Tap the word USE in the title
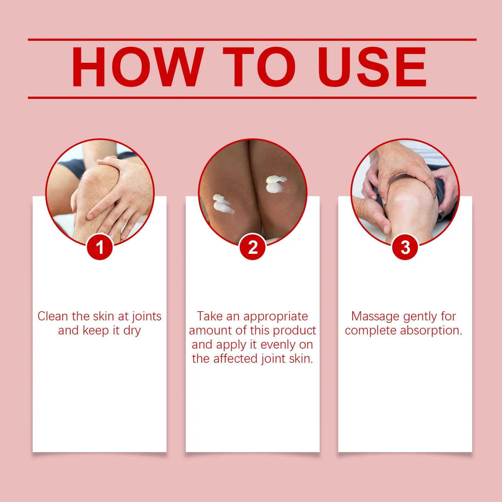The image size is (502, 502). pyautogui.click(x=372, y=67)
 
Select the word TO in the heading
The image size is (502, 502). pyautogui.click(x=259, y=67)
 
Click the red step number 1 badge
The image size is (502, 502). pyautogui.click(x=100, y=247)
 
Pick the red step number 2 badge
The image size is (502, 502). pyautogui.click(x=253, y=247)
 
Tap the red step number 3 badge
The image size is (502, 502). pyautogui.click(x=405, y=247)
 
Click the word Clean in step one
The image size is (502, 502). pyautogui.click(x=53, y=316)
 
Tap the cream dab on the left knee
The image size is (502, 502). pyautogui.click(x=222, y=204)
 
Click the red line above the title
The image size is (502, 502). pyautogui.click(x=252, y=40)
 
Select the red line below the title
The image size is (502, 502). pyautogui.click(x=252, y=98)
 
